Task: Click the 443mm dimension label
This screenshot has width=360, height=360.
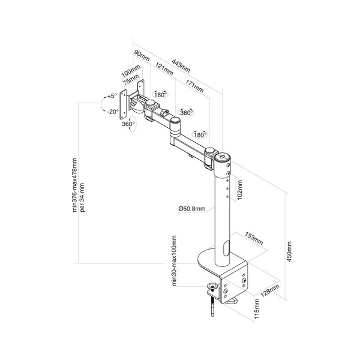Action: point(181,66)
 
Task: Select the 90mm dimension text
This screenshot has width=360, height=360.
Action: point(142,56)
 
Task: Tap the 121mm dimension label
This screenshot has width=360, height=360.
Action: point(164,68)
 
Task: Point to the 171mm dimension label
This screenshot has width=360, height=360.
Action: point(194,86)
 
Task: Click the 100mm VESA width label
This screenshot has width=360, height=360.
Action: point(131,71)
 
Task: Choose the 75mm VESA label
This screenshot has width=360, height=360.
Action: point(131,80)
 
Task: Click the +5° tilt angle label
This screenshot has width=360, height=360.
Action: point(112,96)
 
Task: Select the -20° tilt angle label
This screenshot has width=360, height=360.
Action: point(113,112)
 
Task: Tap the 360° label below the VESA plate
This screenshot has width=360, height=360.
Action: point(128,124)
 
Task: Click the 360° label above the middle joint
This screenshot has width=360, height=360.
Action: point(187,113)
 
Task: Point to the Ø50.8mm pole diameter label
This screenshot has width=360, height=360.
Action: point(192,208)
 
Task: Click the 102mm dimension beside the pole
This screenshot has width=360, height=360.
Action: point(239,190)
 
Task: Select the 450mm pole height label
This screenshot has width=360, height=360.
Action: point(289,251)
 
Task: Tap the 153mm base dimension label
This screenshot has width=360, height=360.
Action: point(254,239)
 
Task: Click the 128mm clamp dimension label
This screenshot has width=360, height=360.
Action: point(270,290)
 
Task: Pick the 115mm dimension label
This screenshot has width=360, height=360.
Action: point(257,309)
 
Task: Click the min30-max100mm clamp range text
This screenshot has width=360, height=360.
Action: point(174,261)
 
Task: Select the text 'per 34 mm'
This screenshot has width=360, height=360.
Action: point(82,197)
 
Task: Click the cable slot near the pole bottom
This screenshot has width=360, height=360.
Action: point(226,248)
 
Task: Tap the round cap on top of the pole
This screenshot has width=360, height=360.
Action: point(222,157)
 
